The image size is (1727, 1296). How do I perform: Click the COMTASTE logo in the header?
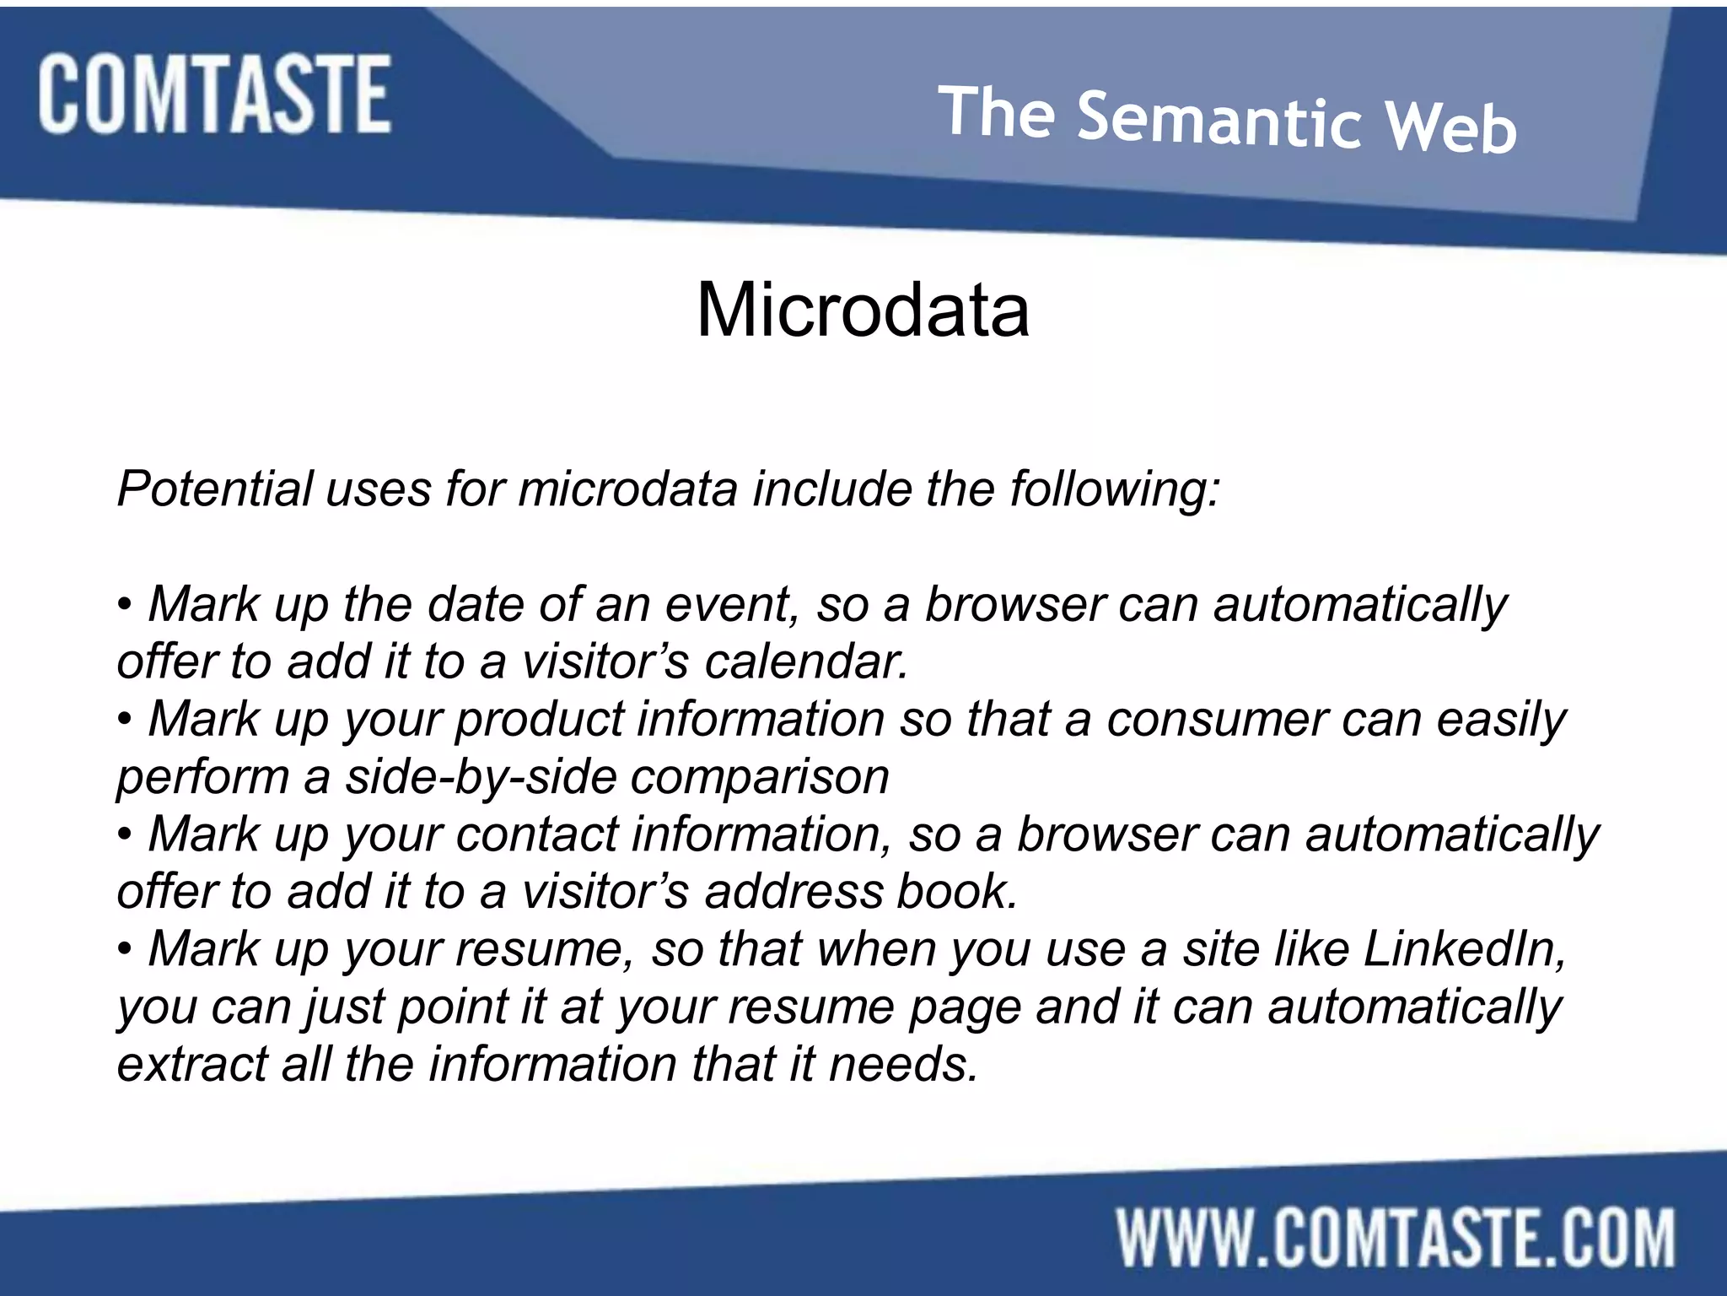214,94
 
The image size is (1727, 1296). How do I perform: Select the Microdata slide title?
863,310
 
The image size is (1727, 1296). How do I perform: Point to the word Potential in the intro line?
215,489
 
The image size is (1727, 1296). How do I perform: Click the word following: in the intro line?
1115,489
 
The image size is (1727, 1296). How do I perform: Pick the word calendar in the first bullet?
806,662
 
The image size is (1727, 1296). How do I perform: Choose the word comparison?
760,777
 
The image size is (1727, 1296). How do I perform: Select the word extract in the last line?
191,1065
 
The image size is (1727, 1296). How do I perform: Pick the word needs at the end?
902,1065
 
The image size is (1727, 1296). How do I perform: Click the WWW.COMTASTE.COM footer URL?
1396,1238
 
